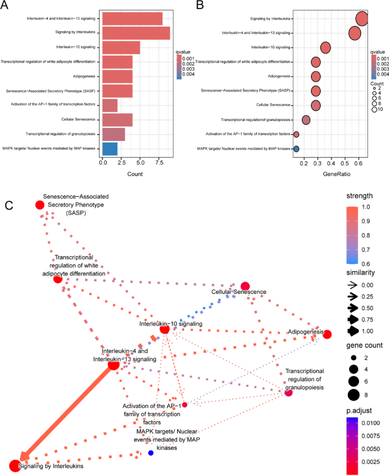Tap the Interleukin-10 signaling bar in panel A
[x=121, y=47]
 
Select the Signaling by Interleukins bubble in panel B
[x=362, y=19]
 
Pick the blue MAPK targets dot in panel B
[x=296, y=149]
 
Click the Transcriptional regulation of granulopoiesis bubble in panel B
[x=306, y=120]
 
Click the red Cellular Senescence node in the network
[x=245, y=286]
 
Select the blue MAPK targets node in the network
[x=150, y=453]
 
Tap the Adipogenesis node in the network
[x=327, y=335]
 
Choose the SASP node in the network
[x=40, y=205]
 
